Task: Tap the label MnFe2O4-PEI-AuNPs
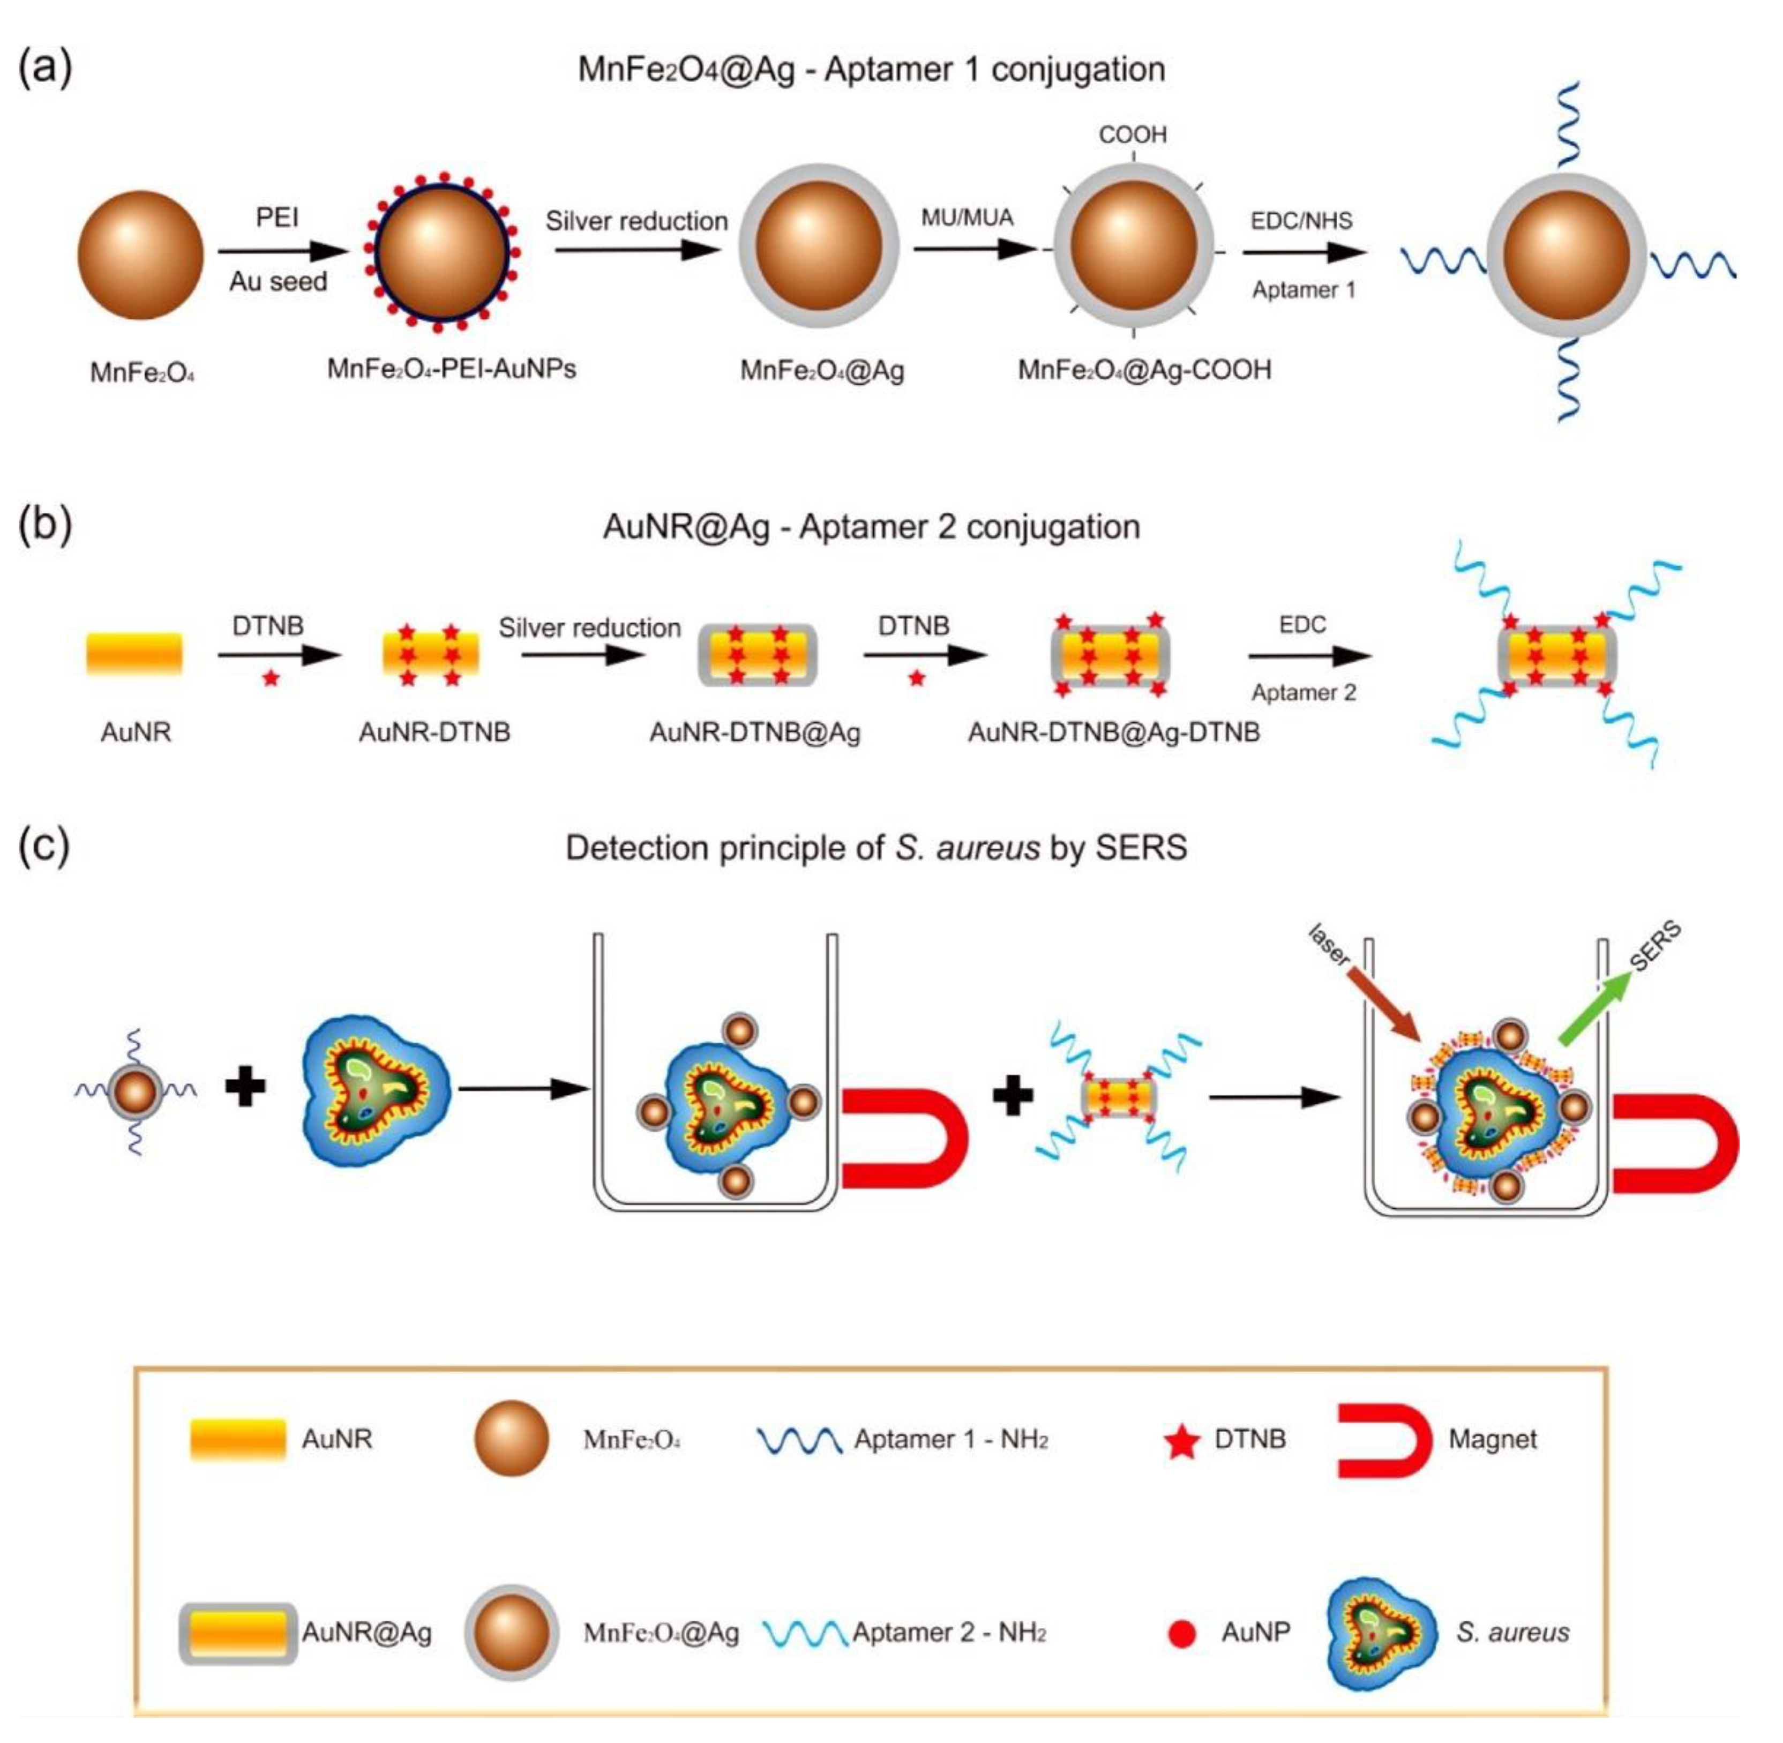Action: click(451, 369)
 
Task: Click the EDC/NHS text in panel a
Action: click(1301, 221)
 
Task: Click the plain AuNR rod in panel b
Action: click(134, 654)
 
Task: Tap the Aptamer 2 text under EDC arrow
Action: click(1303, 693)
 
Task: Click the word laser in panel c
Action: click(1329, 945)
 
